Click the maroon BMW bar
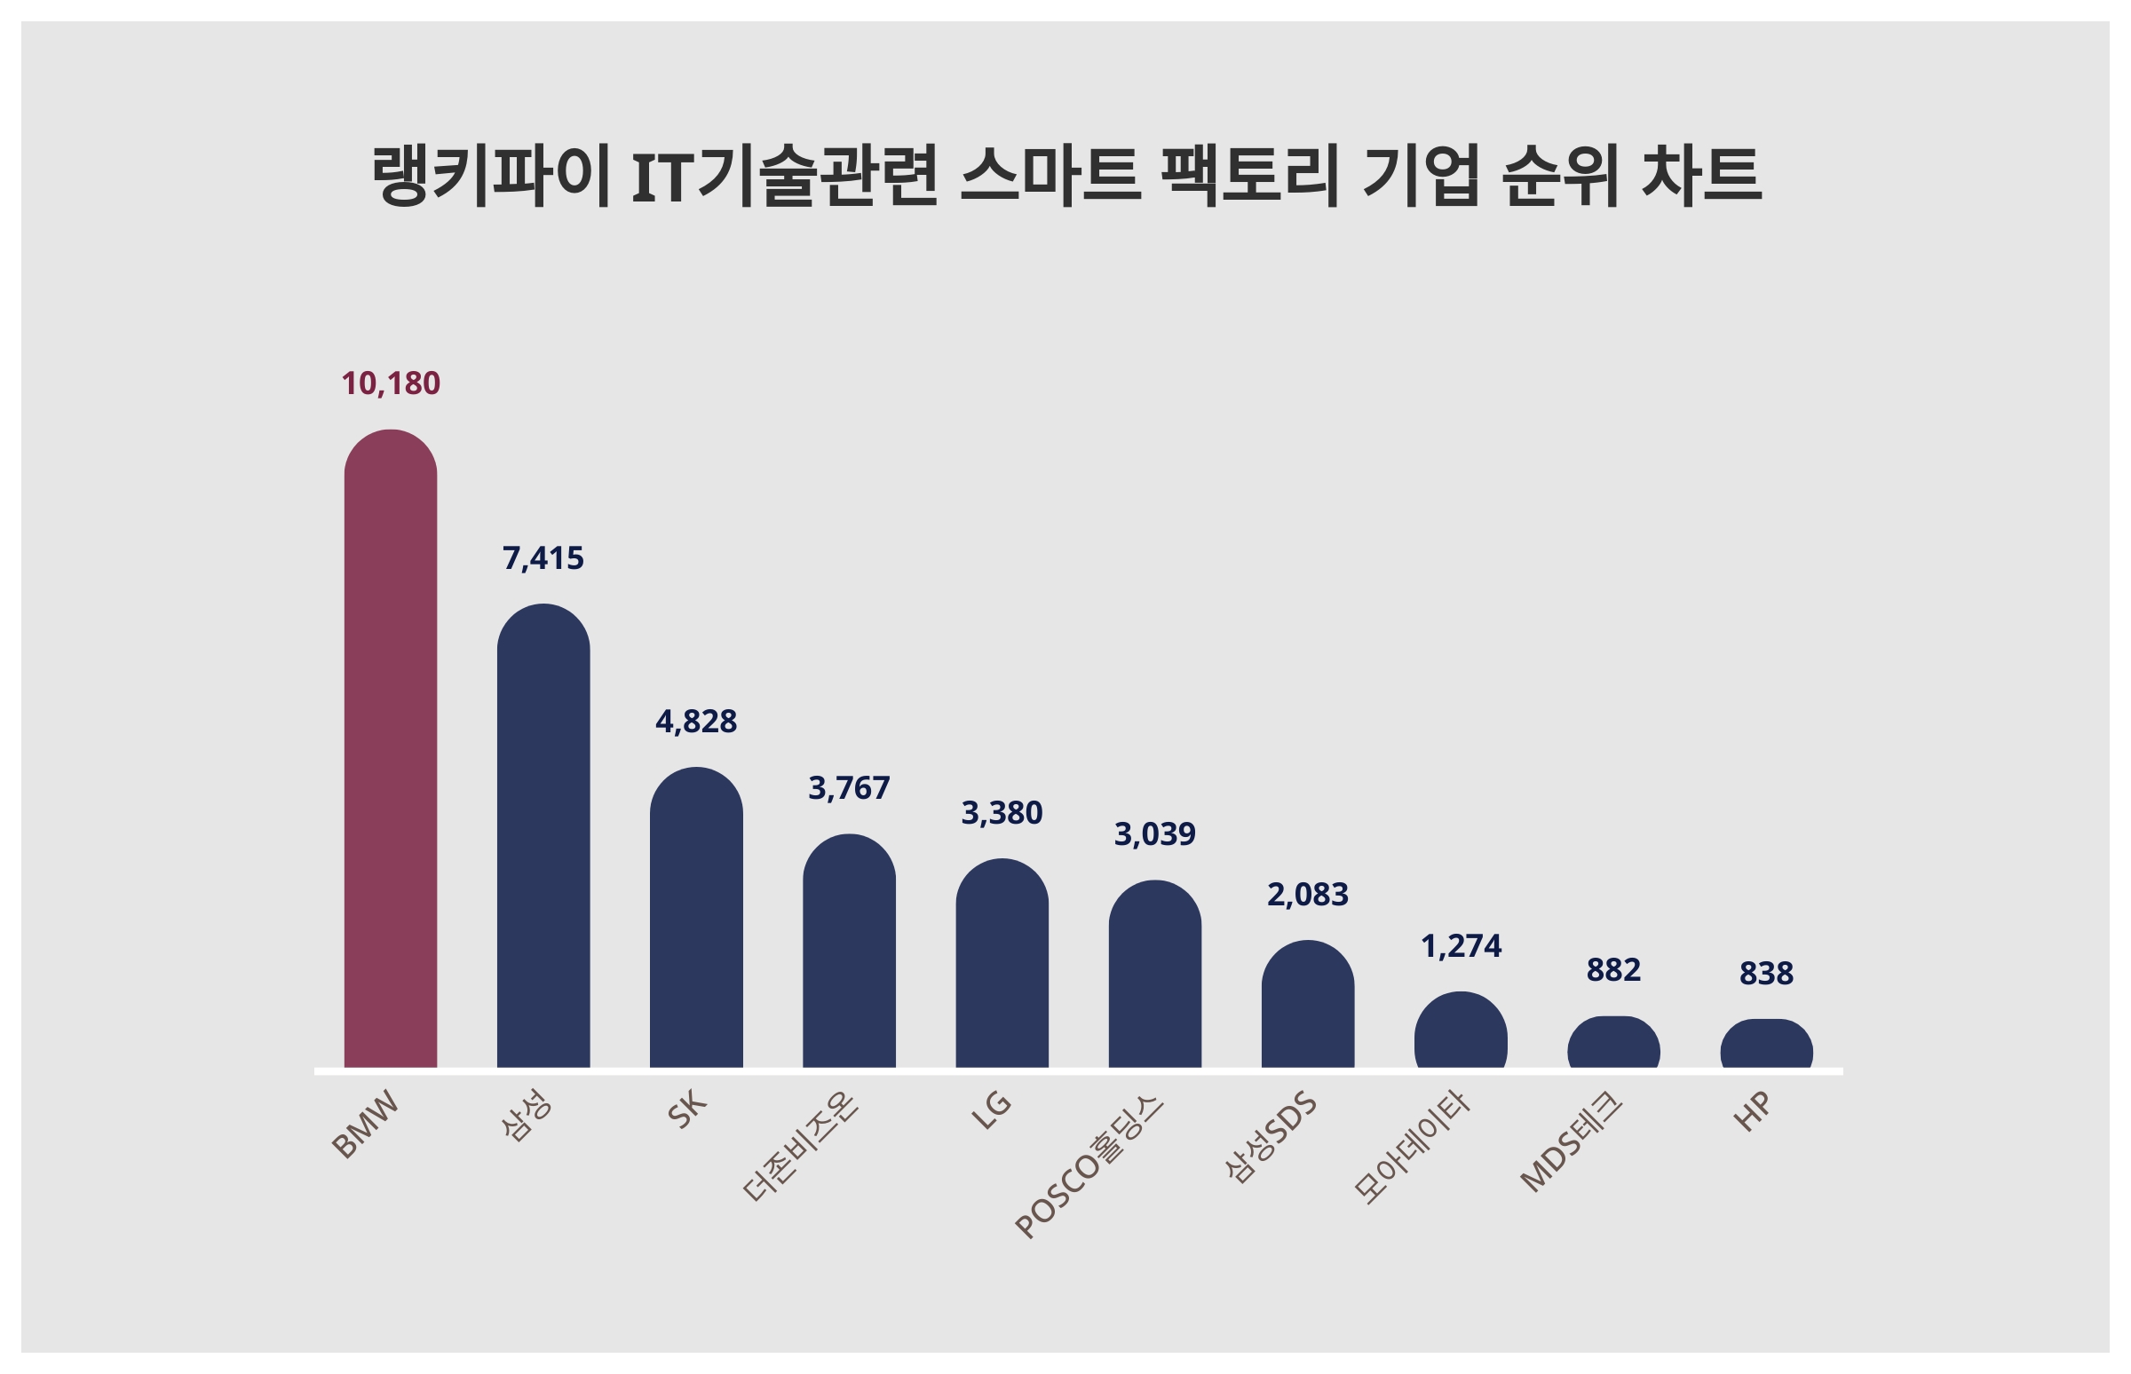(x=390, y=749)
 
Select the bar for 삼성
(x=543, y=837)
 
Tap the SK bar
(x=695, y=918)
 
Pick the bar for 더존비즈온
(x=849, y=952)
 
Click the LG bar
(x=1002, y=965)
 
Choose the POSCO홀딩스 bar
(x=1155, y=975)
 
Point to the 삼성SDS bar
(x=1307, y=1005)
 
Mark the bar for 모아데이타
(x=1460, y=1030)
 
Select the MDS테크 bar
(x=1613, y=1043)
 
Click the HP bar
(x=1766, y=1044)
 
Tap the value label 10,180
(x=390, y=383)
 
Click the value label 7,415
(x=543, y=558)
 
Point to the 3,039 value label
(x=1155, y=834)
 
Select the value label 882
(x=1613, y=970)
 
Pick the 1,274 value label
(x=1460, y=946)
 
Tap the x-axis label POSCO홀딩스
(x=1089, y=1167)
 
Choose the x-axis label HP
(x=1752, y=1112)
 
